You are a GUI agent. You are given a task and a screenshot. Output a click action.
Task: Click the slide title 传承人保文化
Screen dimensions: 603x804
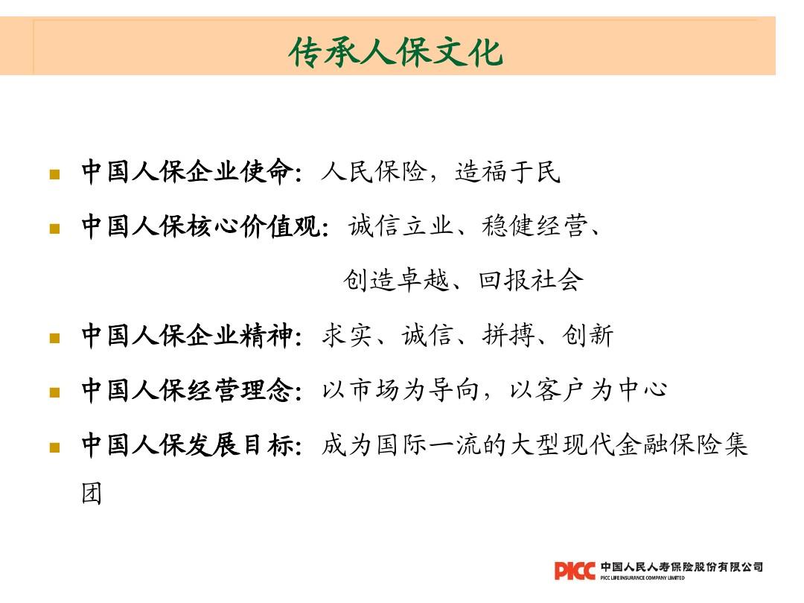point(396,53)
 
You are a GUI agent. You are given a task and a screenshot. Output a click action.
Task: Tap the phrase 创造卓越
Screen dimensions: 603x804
point(395,281)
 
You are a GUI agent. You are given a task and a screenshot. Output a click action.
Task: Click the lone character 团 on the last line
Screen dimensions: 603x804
point(92,494)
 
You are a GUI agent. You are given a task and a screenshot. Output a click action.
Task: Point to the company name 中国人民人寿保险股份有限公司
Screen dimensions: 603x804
point(681,567)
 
